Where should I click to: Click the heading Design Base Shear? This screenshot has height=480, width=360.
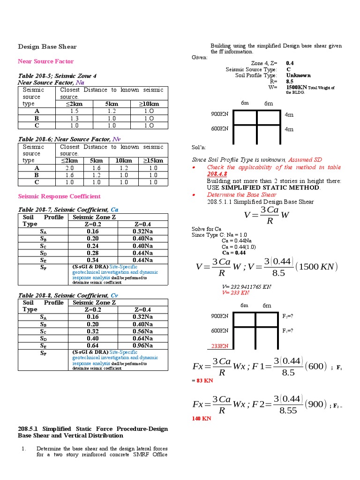pos(47,47)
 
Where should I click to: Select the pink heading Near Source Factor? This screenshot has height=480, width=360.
pos(45,61)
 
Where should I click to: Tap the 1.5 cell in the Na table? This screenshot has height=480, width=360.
pos(74,111)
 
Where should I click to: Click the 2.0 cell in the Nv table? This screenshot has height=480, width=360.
pos(70,168)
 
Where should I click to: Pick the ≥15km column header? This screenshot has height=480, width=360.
pos(153,161)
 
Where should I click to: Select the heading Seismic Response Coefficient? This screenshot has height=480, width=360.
pos(59,196)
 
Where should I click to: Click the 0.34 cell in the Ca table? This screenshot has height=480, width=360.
pos(93,260)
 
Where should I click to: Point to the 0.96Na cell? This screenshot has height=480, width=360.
pos(142,345)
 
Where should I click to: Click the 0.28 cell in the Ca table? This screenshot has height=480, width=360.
pos(93,253)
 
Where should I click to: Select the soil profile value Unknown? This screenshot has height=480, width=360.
pos(298,75)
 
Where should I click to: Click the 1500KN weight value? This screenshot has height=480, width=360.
pos(296,87)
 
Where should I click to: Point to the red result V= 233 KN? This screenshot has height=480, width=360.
pos(235,292)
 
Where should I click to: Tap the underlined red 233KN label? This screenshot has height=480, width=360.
pos(219,346)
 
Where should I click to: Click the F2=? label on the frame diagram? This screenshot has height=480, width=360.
pos(288,316)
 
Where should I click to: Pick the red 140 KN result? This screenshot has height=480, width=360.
pos(202,419)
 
